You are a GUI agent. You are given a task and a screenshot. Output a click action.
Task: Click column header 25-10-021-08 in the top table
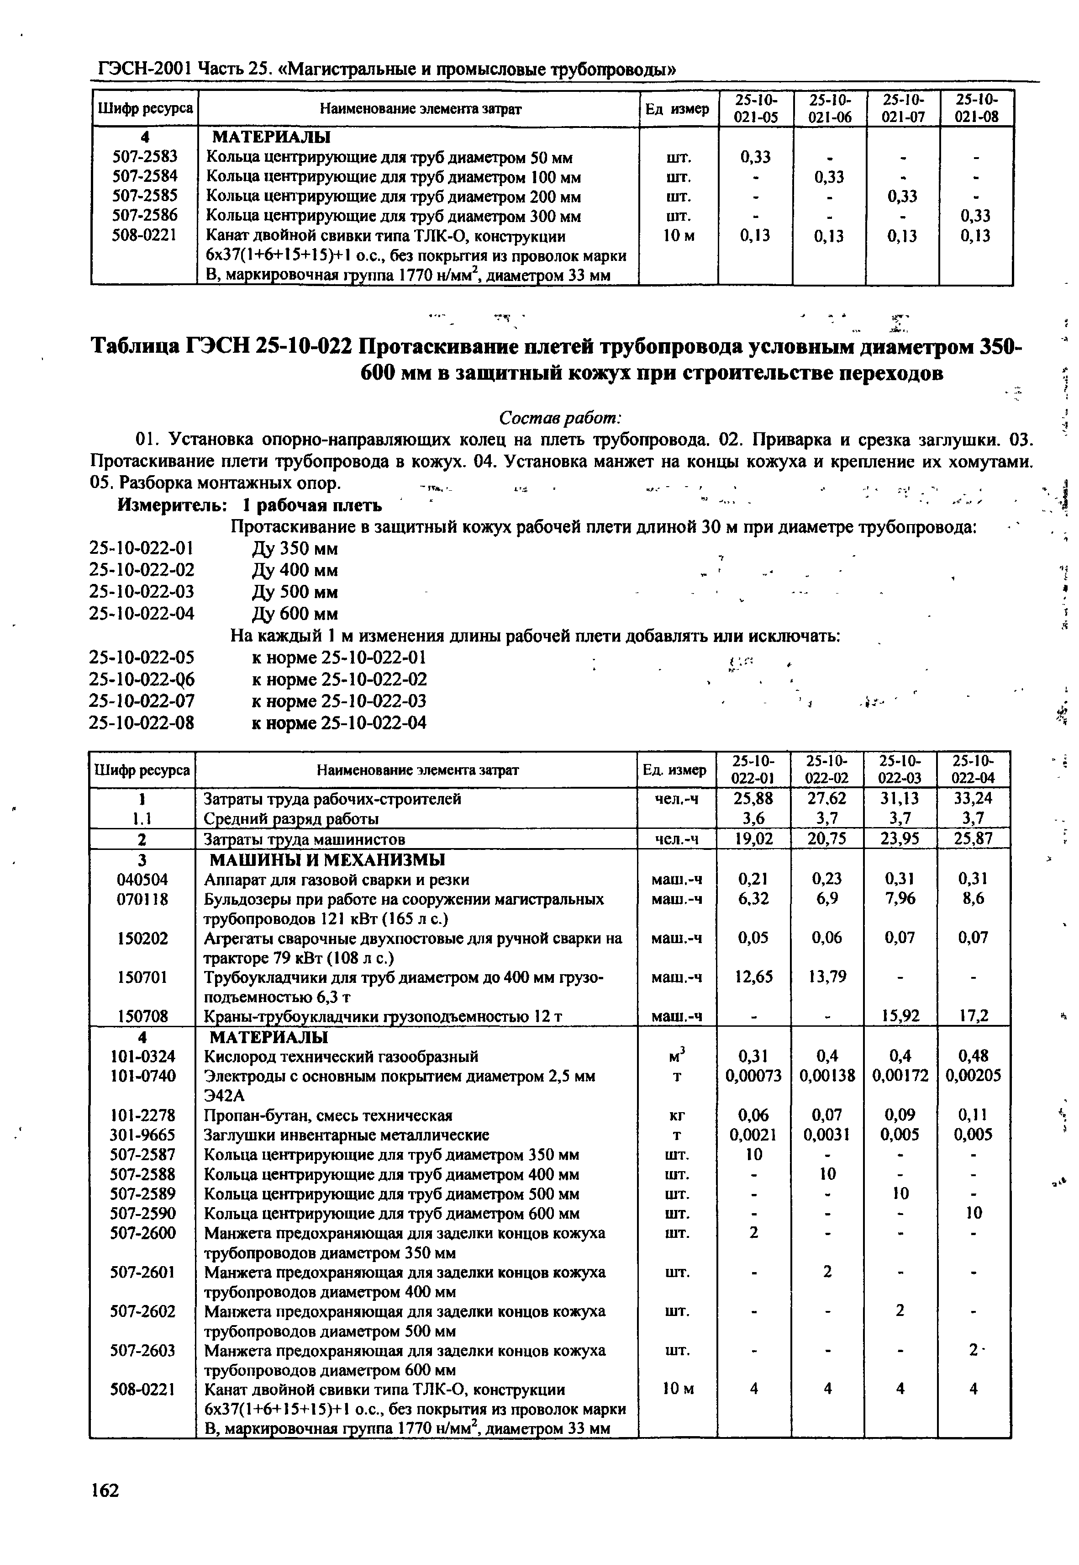pos(976,108)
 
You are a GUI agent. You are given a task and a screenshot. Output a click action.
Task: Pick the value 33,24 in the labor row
pos(973,799)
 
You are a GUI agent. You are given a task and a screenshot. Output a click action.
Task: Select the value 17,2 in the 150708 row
pos(973,1016)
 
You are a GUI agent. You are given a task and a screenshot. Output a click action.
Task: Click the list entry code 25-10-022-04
pos(142,613)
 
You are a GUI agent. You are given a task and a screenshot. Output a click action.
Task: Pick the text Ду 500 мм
pos(294,592)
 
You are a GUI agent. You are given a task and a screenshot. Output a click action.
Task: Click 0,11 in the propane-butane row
pos(973,1114)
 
